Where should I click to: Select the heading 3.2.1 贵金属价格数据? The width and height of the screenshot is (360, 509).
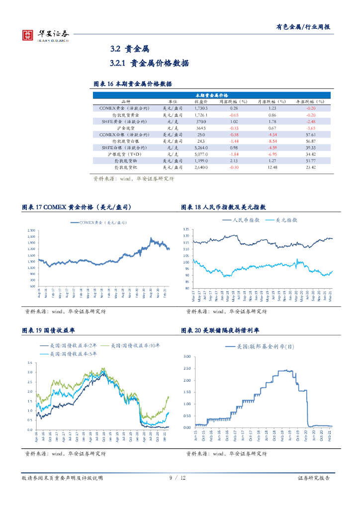tap(149, 64)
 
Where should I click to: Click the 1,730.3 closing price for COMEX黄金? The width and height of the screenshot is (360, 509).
tap(201, 108)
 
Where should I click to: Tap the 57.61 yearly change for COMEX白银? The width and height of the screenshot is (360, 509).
tap(311, 134)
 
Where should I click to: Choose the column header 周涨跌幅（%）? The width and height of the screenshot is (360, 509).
tap(234, 101)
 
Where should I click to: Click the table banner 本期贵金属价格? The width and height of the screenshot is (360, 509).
tap(211, 94)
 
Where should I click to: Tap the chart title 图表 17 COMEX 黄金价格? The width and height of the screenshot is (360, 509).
tap(77, 207)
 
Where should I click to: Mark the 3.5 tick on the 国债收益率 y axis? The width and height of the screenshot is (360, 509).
tap(30, 364)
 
